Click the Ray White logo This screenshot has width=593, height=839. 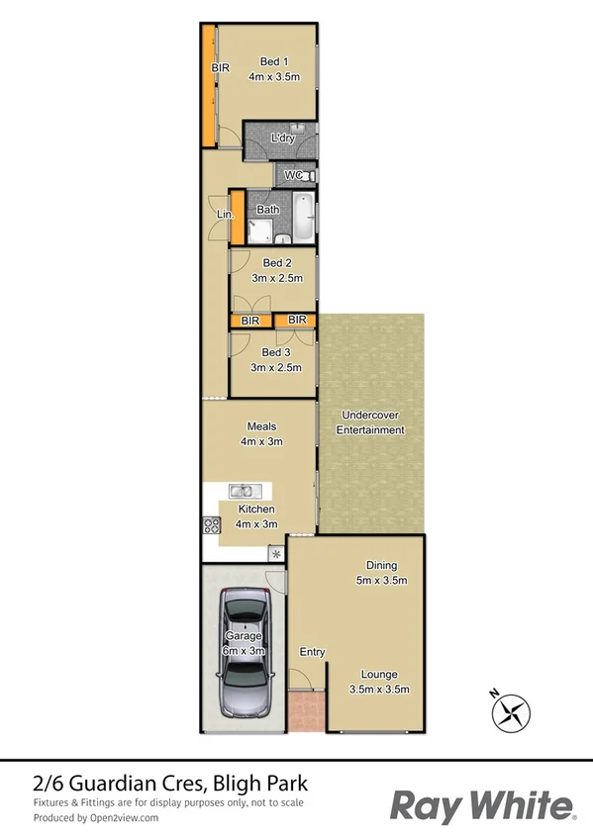[482, 805]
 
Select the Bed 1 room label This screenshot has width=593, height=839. [267, 60]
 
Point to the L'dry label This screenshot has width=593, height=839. [283, 139]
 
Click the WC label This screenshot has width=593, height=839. [293, 175]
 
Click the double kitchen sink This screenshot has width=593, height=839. [244, 490]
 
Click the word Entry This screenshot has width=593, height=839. [312, 652]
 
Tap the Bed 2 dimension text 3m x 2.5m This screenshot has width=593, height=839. [276, 279]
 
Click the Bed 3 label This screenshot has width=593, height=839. [276, 352]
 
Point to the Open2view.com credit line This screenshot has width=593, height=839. [95, 818]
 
